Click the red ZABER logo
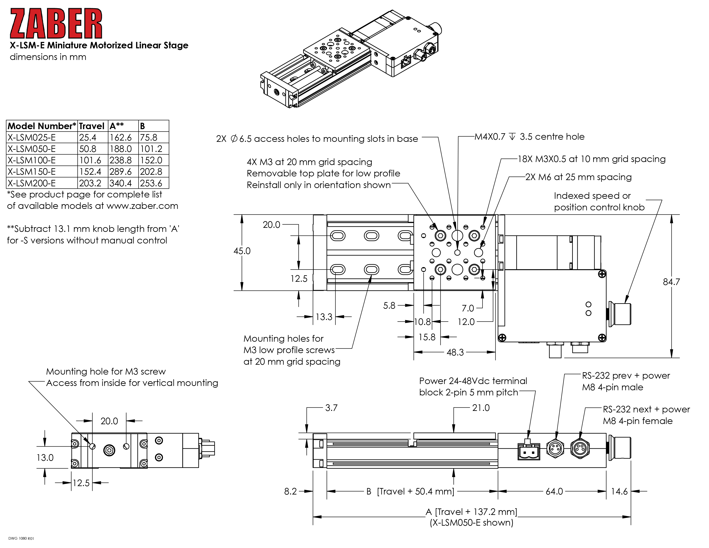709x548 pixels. (56, 23)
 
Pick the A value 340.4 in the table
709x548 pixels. (121, 183)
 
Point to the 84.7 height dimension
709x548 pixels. (671, 282)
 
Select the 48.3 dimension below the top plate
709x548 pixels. (455, 352)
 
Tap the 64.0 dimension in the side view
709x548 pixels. (554, 491)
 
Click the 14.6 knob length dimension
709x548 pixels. (619, 491)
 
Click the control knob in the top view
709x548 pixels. (620, 314)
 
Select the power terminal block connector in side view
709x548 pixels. (529, 451)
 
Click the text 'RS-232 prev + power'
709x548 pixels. (626, 376)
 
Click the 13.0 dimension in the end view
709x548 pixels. (45, 458)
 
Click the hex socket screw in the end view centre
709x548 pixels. (109, 450)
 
